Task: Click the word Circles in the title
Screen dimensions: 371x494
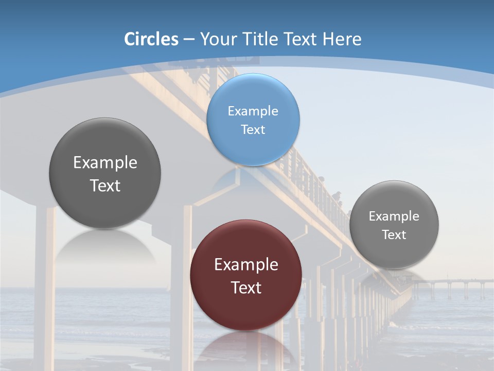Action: [x=151, y=39]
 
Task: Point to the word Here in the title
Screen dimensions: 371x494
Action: [x=342, y=39]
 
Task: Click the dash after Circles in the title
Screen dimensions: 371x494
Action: [x=188, y=40]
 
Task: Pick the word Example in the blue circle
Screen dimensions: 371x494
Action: [x=253, y=111]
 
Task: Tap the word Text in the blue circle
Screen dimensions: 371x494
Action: [x=253, y=129]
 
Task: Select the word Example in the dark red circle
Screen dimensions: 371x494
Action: [x=246, y=264]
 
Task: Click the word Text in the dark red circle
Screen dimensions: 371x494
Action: [x=246, y=288]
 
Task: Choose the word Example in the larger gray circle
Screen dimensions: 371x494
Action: [x=105, y=162]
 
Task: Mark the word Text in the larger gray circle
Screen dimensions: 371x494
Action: [x=105, y=185]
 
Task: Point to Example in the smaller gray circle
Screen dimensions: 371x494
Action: [x=394, y=216]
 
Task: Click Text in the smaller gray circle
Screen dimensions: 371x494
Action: [x=394, y=234]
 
